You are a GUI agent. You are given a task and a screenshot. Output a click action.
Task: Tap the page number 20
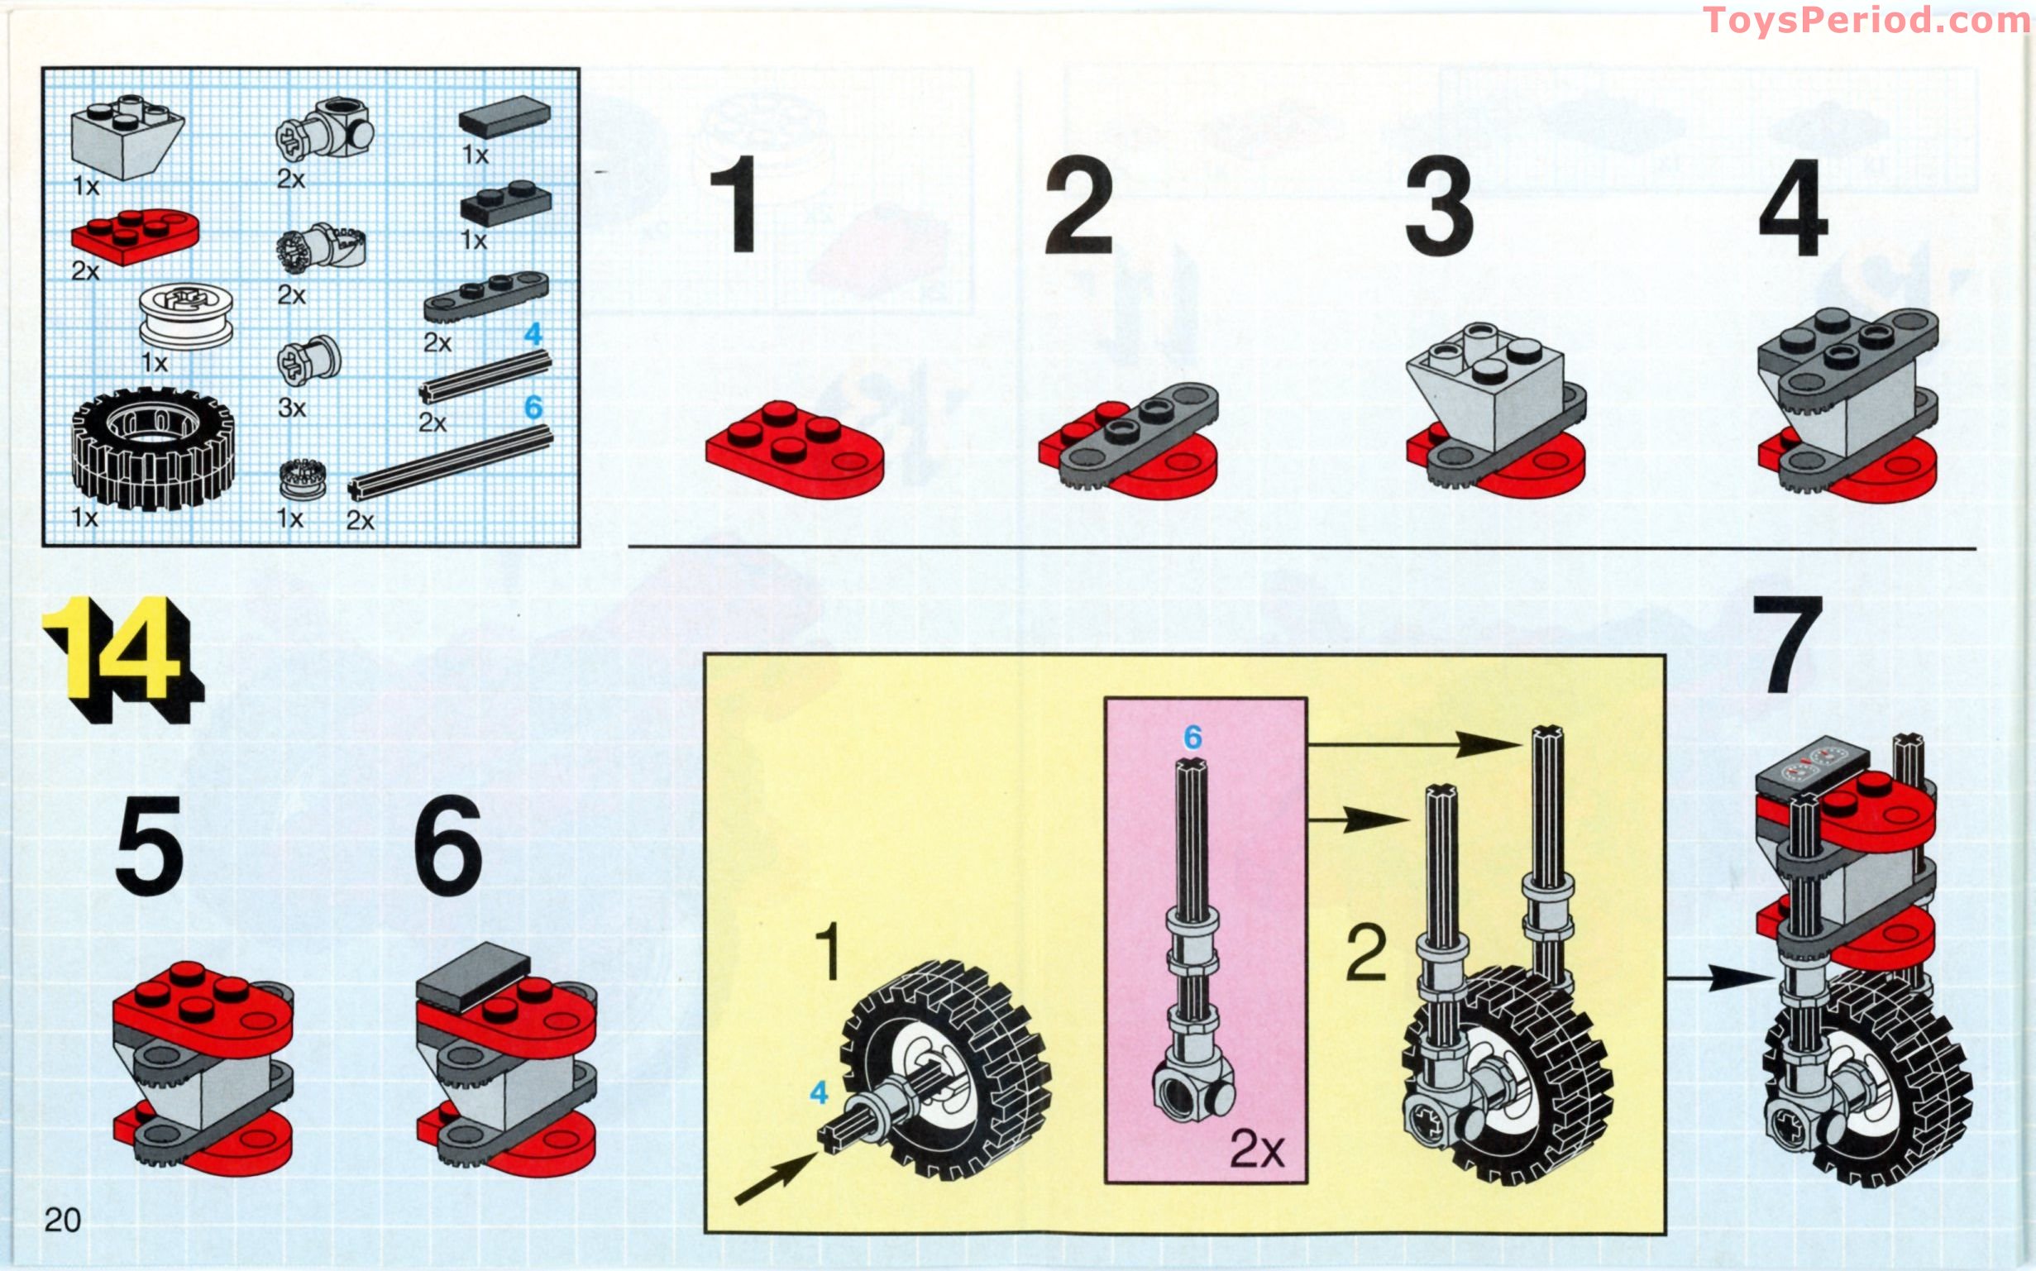pyautogui.click(x=62, y=1219)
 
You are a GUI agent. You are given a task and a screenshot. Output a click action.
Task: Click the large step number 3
pyautogui.click(x=1439, y=207)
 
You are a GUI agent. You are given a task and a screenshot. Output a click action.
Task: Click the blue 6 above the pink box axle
pyautogui.click(x=1192, y=738)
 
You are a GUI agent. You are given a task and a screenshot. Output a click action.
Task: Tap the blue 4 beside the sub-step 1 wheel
pyautogui.click(x=818, y=1092)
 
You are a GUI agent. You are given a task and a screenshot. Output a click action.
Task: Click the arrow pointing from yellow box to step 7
pyautogui.click(x=1719, y=977)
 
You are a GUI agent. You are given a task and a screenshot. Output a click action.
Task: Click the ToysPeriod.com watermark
pyautogui.click(x=1866, y=20)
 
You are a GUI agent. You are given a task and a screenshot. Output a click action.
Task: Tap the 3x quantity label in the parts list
pyautogui.click(x=292, y=408)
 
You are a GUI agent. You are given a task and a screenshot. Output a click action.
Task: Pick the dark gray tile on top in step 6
pyautogui.click(x=473, y=975)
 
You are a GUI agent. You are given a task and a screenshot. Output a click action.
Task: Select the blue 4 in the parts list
pyautogui.click(x=533, y=335)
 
